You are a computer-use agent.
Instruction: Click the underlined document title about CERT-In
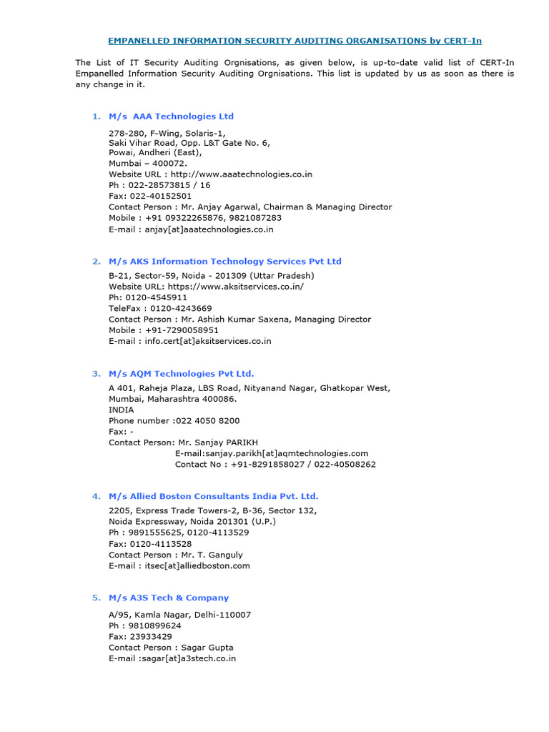(295, 41)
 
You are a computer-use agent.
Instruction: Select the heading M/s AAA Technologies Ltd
(171, 116)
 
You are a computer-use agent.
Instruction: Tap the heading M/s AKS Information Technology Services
(225, 261)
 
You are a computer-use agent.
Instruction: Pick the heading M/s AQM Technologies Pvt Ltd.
(181, 373)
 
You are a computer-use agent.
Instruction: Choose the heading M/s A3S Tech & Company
(169, 597)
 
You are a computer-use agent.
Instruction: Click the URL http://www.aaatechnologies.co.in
(241, 174)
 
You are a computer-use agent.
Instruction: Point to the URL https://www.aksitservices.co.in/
(235, 286)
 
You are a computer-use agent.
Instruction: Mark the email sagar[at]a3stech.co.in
(187, 658)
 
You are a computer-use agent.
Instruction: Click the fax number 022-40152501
(160, 195)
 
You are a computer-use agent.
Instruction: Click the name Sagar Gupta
(207, 647)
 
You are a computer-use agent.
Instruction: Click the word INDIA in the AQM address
(121, 410)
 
